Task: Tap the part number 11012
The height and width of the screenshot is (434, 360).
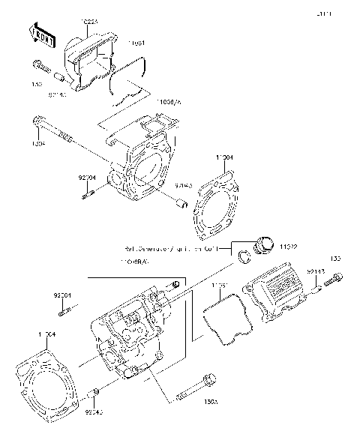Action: tap(290, 246)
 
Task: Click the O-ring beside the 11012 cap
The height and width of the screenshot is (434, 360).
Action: tap(244, 259)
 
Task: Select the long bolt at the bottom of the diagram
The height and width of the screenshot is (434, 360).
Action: tap(197, 394)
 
